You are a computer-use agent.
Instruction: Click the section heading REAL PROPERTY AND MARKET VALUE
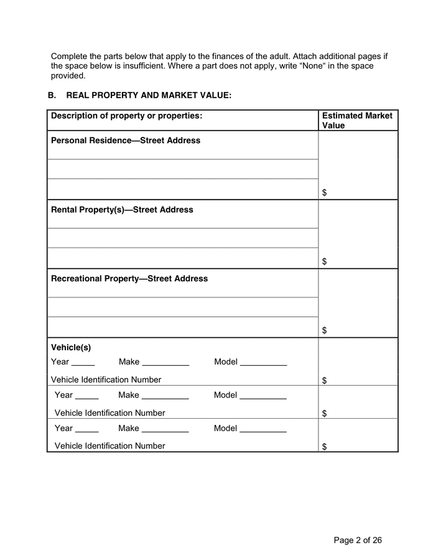(149, 95)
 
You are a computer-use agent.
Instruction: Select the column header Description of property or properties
(126, 116)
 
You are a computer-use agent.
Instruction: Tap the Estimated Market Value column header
(357, 120)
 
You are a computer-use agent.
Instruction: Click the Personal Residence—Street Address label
(126, 141)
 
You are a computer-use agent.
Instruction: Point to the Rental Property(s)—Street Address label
(122, 210)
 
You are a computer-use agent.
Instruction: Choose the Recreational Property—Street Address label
(129, 279)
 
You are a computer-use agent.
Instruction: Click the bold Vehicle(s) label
(71, 348)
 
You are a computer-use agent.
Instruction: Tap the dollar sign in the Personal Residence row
(325, 193)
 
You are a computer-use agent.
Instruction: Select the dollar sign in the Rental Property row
(325, 262)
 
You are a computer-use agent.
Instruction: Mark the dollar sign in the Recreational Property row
(325, 331)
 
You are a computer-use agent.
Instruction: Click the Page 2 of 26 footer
(358, 540)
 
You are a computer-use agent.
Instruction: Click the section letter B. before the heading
(52, 95)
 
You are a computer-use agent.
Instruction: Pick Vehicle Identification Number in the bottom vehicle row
(110, 446)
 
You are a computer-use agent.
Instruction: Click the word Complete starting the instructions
(70, 56)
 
